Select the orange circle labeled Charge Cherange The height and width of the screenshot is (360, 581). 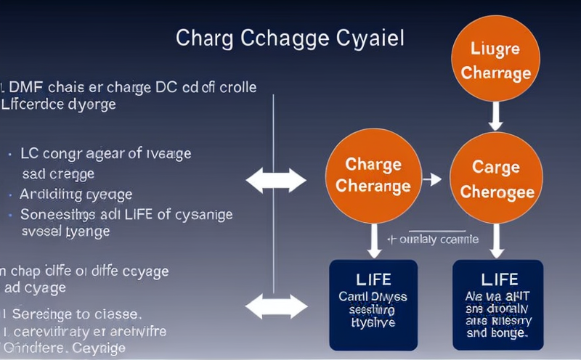[x=373, y=176]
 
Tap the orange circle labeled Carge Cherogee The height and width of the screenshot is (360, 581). [x=496, y=179]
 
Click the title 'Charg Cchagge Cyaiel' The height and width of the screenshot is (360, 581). [x=290, y=38]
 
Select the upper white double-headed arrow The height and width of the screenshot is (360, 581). [x=277, y=181]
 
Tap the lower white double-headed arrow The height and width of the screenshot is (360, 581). [x=277, y=306]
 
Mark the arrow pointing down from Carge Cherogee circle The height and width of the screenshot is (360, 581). [x=497, y=240]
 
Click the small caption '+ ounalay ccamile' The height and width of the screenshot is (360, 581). [x=434, y=239]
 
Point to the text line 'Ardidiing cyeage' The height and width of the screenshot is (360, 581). [x=76, y=194]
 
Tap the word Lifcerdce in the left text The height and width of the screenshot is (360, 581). [x=32, y=105]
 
